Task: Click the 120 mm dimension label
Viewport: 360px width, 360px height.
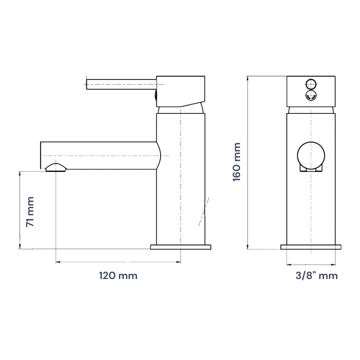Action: tap(118, 276)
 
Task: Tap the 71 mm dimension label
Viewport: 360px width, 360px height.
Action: tap(30, 212)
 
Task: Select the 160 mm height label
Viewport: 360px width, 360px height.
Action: tap(236, 162)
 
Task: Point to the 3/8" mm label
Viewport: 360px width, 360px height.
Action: tap(317, 276)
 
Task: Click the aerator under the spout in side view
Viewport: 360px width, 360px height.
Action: tap(56, 168)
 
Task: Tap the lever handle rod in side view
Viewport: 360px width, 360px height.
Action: tap(121, 84)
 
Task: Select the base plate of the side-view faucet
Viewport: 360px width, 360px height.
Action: tap(181, 247)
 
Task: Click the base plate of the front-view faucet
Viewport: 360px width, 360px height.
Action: tap(311, 247)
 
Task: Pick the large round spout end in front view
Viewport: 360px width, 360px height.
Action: tap(311, 155)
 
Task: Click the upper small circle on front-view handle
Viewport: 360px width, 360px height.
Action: tap(311, 84)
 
